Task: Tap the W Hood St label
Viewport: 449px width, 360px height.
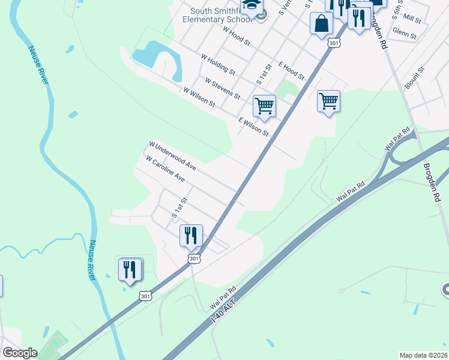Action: (236, 37)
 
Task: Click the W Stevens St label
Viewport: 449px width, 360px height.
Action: (222, 88)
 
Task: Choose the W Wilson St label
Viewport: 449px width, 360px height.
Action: (199, 98)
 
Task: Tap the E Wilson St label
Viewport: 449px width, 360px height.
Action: (254, 127)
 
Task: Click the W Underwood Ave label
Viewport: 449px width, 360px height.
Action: (173, 155)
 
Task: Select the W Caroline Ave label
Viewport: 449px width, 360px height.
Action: (165, 169)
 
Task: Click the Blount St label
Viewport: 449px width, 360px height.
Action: (414, 78)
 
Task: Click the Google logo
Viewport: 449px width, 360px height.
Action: (20, 353)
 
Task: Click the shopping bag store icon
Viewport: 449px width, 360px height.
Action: (322, 23)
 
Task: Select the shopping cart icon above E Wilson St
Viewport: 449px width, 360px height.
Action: (264, 106)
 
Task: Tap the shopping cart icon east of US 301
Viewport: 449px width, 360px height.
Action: (328, 101)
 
